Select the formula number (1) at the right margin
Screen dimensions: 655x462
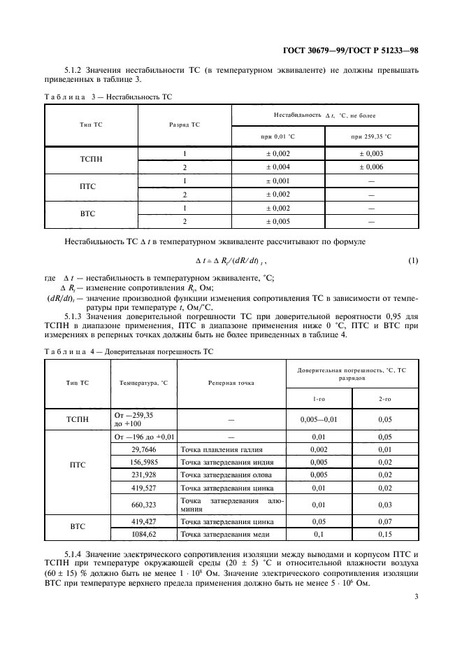click(412, 261)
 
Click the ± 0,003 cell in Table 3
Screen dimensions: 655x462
click(371, 154)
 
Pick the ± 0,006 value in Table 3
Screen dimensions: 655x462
click(371, 167)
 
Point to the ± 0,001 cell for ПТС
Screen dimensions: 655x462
click(277, 181)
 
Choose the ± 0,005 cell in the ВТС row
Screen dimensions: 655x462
click(277, 221)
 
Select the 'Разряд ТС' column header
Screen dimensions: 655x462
click(185, 125)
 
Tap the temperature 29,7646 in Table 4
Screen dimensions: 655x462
click(144, 449)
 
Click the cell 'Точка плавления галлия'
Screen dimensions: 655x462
click(222, 449)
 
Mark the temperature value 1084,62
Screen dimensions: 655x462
click(144, 534)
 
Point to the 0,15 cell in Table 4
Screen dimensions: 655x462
click(384, 534)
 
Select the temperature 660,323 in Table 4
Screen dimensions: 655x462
click(144, 504)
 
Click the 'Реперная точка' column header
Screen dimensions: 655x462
click(231, 383)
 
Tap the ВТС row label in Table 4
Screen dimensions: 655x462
click(78, 528)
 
